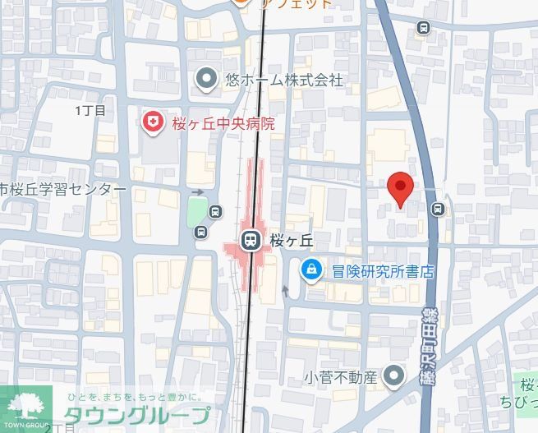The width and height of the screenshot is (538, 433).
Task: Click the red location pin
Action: pos(399,188)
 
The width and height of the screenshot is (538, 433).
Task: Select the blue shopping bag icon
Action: pos(311,269)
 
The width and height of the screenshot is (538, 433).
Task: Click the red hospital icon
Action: pos(153,123)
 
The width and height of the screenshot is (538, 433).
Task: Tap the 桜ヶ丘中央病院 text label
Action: pos(223,124)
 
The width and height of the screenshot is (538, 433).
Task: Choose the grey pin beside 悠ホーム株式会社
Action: pos(207,80)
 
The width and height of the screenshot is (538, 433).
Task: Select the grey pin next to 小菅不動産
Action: pos(395,377)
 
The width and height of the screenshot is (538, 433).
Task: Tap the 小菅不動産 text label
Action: pos(340,378)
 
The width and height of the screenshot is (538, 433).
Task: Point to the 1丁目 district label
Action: pos(90,109)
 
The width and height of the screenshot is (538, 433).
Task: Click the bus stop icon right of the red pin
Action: pos(438,210)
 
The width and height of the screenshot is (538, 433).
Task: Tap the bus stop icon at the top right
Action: pos(424,27)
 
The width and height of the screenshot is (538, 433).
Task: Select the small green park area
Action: pos(196,212)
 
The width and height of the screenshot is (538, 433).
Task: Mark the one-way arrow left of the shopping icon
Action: pos(286,289)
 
